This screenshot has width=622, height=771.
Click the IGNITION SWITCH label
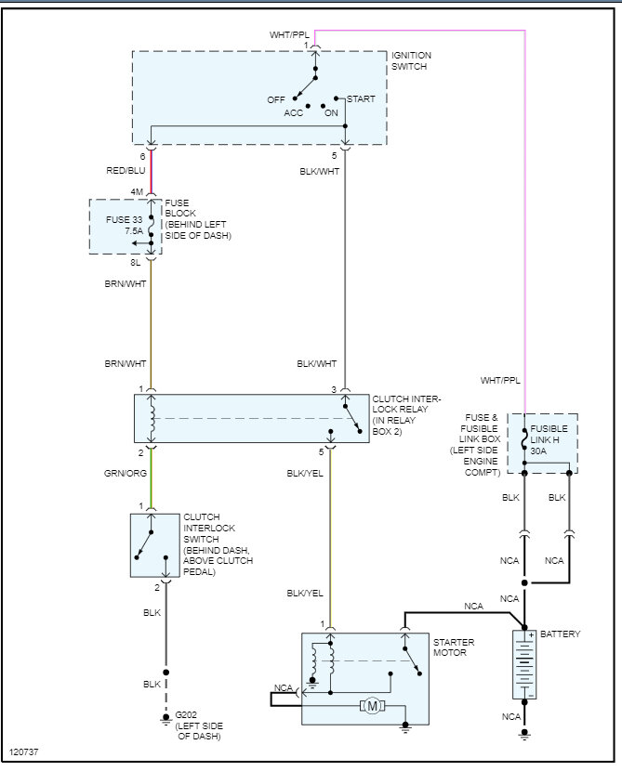point(410,61)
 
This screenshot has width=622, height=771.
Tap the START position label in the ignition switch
point(362,98)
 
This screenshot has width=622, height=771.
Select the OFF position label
point(276,98)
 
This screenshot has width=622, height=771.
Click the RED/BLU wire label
point(125,170)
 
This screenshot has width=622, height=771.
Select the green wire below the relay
point(151,477)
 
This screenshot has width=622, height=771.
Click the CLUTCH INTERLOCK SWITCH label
point(215,544)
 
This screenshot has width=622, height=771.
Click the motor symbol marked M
point(373,706)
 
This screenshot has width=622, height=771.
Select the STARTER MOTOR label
point(454,647)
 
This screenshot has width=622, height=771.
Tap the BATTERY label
point(561,634)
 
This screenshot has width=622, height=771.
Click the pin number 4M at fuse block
point(139,193)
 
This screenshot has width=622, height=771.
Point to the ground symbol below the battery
point(524,734)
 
